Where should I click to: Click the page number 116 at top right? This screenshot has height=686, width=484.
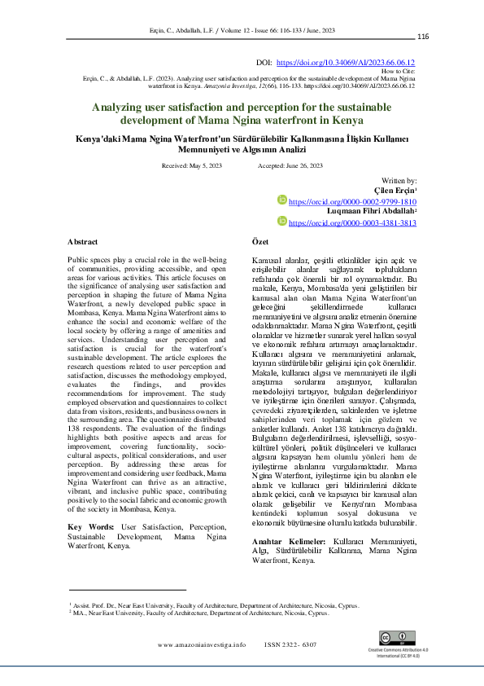423,37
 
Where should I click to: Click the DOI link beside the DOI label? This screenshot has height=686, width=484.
346,62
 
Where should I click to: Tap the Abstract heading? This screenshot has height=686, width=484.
82,242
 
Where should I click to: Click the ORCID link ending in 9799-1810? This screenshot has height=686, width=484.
352,200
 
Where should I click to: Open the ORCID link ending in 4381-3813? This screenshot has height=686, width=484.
352,222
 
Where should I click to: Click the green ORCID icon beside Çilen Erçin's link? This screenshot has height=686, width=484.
283,200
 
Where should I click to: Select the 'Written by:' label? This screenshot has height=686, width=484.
399,180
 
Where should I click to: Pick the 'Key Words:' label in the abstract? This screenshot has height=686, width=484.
90,527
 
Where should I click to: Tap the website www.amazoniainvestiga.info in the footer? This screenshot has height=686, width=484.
202,644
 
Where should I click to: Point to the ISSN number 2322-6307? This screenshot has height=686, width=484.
290,644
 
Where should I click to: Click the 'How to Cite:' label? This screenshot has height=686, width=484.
399,71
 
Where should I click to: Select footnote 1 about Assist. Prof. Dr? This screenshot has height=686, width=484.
213,606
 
